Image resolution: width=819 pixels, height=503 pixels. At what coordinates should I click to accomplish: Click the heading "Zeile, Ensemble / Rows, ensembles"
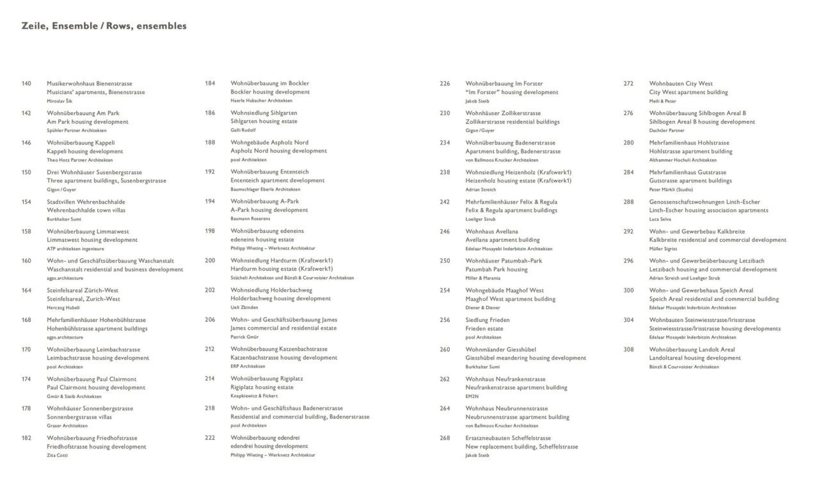tap(104, 26)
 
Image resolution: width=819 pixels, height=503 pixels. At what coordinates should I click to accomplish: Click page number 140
tap(26, 84)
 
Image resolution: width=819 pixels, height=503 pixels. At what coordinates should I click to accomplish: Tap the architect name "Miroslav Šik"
tap(60, 101)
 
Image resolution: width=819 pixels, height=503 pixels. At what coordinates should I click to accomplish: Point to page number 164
tap(26, 291)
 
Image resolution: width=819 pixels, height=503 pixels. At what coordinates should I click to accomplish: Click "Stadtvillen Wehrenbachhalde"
tap(86, 202)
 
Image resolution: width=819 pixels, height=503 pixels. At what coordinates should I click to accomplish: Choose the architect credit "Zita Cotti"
tap(57, 455)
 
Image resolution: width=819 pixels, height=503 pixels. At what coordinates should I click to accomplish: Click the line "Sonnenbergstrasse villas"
tap(79, 417)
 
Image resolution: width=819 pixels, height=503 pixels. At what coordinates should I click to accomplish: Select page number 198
tap(210, 231)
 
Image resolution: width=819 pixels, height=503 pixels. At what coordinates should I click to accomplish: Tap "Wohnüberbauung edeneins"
tap(267, 231)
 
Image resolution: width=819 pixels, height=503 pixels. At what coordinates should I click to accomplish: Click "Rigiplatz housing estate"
tap(262, 387)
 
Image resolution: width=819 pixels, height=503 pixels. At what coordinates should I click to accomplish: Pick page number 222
tap(210, 438)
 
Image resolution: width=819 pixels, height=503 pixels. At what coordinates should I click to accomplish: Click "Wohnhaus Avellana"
tap(491, 232)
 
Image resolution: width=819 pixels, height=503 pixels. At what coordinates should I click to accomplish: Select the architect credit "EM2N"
tap(472, 396)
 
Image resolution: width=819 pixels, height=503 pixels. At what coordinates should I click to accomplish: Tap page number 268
tap(445, 438)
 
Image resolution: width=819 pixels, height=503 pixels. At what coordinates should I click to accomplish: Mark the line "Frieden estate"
tap(484, 328)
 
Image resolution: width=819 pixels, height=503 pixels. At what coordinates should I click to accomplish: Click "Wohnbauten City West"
tap(681, 84)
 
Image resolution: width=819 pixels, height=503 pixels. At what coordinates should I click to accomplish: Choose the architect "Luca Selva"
tap(661, 219)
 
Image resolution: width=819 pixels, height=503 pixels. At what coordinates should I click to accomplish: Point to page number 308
tap(628, 349)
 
